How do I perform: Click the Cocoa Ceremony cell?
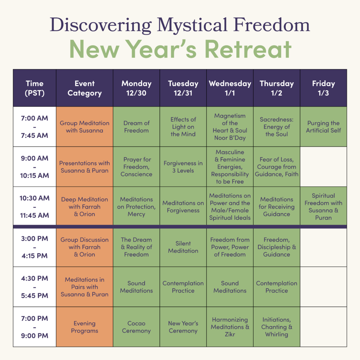(x=136, y=327)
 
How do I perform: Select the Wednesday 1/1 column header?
(x=230, y=88)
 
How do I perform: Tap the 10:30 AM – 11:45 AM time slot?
(x=35, y=206)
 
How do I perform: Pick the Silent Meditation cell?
(x=183, y=247)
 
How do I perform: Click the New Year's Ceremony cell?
(x=183, y=327)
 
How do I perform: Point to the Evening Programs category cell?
(x=84, y=327)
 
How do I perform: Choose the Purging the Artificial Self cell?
(x=323, y=127)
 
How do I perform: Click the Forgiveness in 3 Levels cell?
(x=183, y=167)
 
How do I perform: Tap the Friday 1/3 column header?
(x=323, y=88)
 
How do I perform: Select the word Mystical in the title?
(x=192, y=25)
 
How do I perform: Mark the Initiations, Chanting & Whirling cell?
(x=276, y=327)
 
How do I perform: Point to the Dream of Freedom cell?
(x=136, y=127)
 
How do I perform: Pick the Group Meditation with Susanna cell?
(x=84, y=127)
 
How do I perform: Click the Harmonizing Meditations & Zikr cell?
(x=230, y=327)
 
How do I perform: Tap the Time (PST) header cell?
(x=35, y=88)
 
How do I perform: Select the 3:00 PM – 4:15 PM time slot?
(x=35, y=247)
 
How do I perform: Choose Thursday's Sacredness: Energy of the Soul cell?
(x=276, y=127)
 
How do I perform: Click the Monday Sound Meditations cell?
(x=136, y=287)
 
